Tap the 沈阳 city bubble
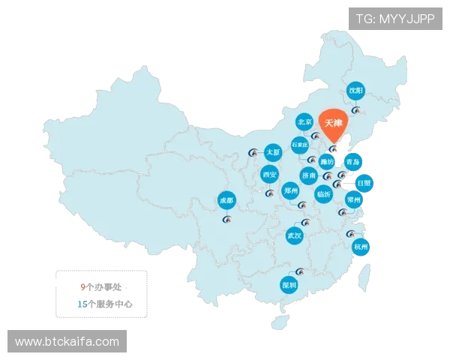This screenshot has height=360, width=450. point(356,91)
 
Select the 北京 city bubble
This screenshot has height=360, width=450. point(304,121)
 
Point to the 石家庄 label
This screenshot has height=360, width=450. point(300,144)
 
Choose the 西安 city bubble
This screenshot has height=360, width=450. point(269,175)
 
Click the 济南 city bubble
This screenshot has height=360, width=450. point(309,175)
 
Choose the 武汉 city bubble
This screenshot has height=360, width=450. point(294,236)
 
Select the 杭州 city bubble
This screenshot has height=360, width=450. point(361,246)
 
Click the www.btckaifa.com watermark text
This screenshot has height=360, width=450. point(67,342)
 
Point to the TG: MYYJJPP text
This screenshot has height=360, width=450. point(394,18)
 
